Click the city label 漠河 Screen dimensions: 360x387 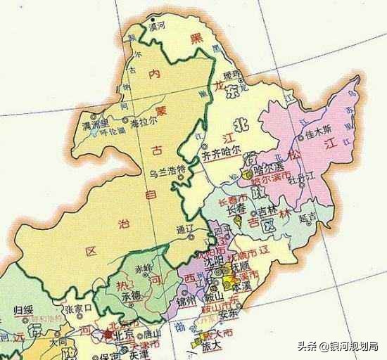(158, 25)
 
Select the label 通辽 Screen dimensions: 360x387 (184, 229)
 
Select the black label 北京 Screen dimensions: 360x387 (120, 334)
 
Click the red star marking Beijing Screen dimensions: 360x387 (107, 334)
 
